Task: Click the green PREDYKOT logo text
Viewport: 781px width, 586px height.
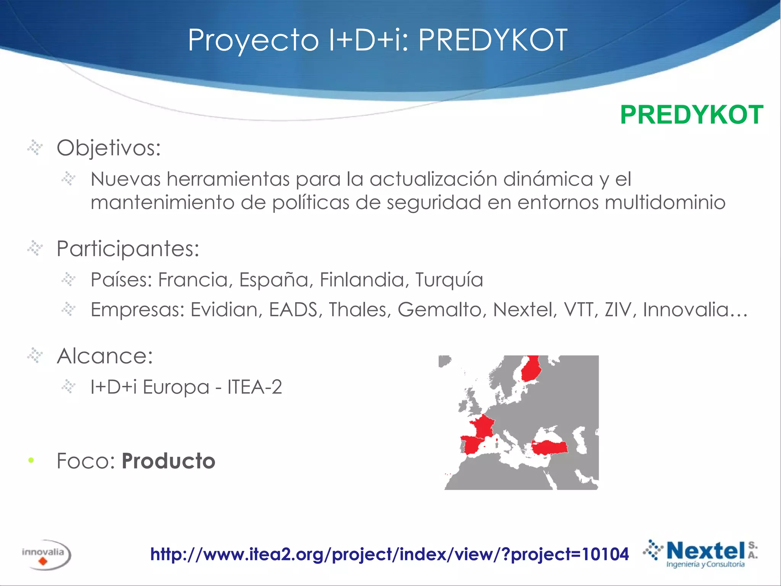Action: point(691,115)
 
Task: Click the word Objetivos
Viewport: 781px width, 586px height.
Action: point(109,148)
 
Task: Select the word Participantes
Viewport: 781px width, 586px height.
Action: point(128,249)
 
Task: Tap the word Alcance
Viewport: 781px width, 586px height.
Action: point(105,356)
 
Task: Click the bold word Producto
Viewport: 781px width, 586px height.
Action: point(169,461)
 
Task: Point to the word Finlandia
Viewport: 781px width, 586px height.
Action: point(362,280)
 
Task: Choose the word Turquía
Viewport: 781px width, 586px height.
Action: point(449,280)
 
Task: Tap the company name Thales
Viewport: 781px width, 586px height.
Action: point(360,309)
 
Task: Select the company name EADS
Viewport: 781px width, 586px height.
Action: point(293,309)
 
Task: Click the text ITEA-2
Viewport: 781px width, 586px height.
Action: point(255,387)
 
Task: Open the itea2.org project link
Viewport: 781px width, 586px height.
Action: point(389,554)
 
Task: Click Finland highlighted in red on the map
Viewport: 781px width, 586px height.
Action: point(530,369)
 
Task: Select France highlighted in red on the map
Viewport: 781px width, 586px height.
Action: point(482,426)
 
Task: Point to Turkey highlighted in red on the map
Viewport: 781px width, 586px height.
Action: point(549,447)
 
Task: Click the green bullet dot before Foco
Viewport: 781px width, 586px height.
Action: point(31,460)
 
